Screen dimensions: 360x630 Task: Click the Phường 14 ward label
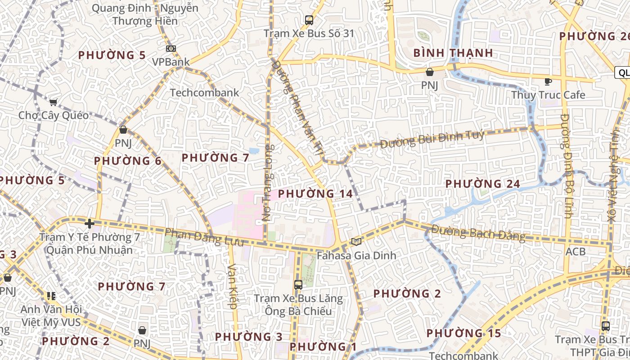point(315,194)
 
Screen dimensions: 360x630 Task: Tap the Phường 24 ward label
point(482,184)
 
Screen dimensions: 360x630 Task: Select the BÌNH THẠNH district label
point(453,53)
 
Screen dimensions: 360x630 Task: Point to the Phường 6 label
point(127,161)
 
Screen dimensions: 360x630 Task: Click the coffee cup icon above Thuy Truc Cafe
point(548,81)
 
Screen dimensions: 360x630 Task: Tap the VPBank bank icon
point(171,49)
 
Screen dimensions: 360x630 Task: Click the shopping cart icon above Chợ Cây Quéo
point(54,103)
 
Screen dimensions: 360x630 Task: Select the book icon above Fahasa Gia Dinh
point(356,242)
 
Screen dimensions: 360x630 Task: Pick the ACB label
point(576,251)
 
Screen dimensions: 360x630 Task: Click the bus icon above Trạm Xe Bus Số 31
point(309,20)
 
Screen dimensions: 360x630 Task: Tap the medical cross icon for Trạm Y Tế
point(89,223)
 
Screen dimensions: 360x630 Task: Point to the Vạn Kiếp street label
point(232,286)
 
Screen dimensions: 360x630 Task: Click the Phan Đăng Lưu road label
point(204,237)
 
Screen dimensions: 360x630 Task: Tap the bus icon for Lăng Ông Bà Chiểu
point(298,284)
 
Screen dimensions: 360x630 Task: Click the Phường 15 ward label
point(463,333)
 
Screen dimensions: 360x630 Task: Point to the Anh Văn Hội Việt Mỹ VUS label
point(51,316)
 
